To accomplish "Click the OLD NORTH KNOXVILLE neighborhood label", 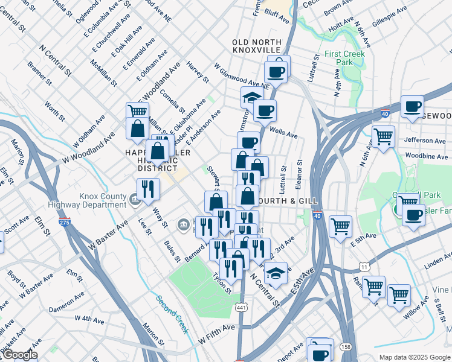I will pos(257,45).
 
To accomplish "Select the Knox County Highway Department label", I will pos(102,200).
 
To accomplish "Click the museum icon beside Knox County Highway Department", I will pos(135,197).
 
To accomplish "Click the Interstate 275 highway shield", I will pos(64,223).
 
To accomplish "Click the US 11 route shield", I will pos(364,265).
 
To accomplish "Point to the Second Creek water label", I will pos(172,314).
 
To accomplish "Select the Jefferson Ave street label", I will pos(426,140).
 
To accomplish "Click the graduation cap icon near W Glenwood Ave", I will pos(252,97).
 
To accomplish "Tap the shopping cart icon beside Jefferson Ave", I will pos(383,136).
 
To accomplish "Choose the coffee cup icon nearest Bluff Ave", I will pos(277,71).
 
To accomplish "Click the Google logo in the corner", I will pos(19,355).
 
